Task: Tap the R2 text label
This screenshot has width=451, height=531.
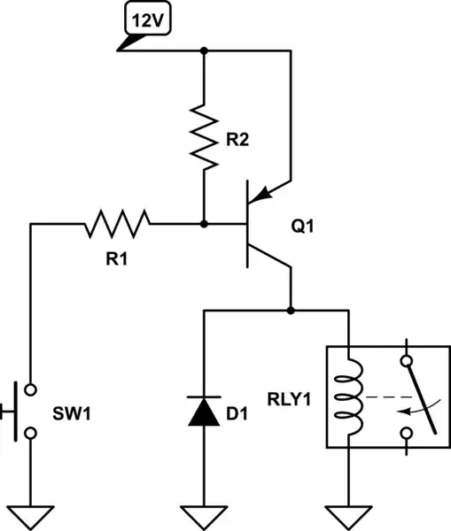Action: [237, 139]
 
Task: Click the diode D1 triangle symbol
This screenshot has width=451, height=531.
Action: [205, 412]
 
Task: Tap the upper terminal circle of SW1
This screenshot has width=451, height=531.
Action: [30, 389]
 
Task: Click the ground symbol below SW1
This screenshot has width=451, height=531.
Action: [30, 512]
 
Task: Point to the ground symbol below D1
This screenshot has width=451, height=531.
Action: [205, 512]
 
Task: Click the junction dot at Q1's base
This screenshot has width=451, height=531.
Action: [205, 225]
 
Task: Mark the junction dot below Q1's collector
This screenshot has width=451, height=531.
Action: [291, 311]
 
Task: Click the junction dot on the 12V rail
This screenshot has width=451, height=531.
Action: [205, 52]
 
